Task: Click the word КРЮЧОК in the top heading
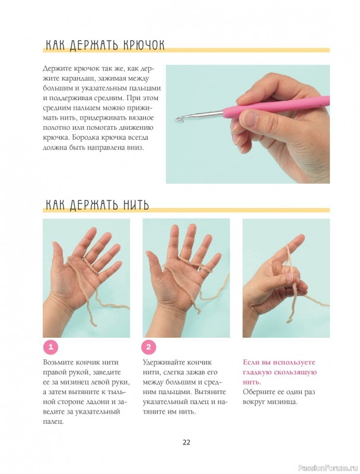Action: [x=143, y=46]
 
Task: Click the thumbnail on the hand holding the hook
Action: [x=250, y=117]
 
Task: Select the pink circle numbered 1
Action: [x=51, y=347]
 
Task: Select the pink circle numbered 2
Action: [x=148, y=347]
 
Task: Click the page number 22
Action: [x=186, y=442]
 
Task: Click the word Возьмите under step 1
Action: [x=59, y=363]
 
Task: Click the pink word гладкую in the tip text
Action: [x=257, y=373]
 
